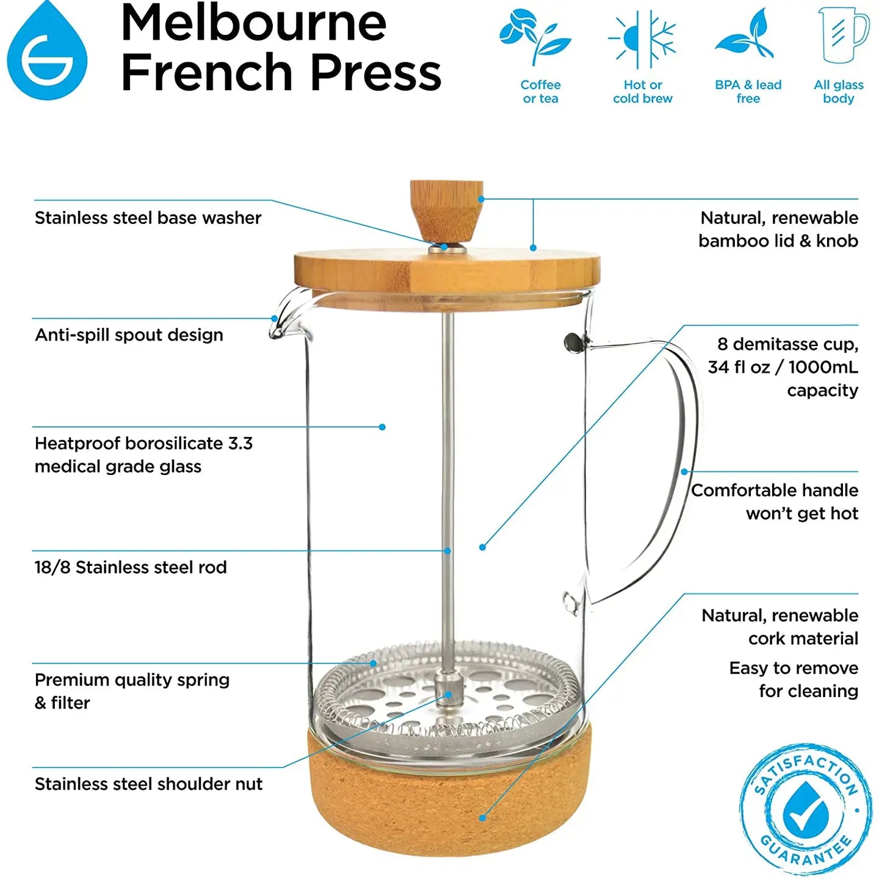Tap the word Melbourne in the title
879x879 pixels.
click(x=253, y=23)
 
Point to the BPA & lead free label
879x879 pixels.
click(x=748, y=92)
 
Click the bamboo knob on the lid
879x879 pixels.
click(x=446, y=210)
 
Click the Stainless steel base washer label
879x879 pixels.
click(x=148, y=218)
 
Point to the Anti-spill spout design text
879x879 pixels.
click(x=129, y=335)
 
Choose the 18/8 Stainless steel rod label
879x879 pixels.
click(x=131, y=568)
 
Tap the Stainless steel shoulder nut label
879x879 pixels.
click(x=148, y=784)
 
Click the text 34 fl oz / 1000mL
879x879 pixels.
click(x=783, y=367)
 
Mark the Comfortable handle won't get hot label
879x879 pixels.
click(x=775, y=502)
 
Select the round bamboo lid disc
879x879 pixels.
click(x=446, y=271)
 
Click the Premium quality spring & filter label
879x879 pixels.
click(x=132, y=691)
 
